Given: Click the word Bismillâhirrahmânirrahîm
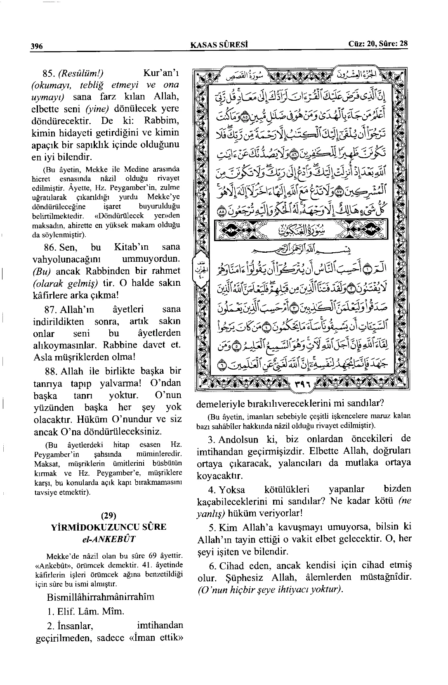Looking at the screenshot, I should [x=101, y=597].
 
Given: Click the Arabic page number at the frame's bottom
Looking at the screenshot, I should [x=301, y=384].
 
